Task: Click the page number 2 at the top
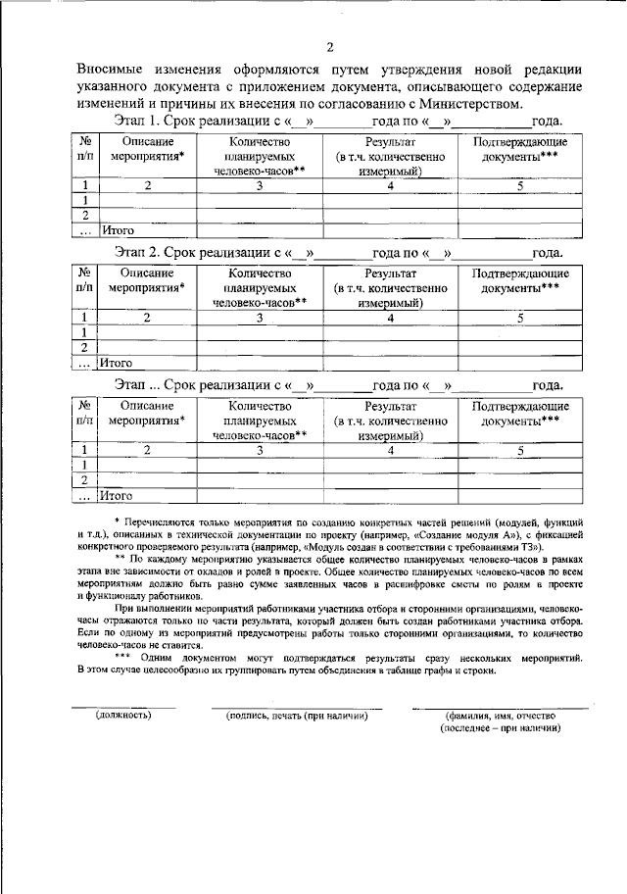[330, 46]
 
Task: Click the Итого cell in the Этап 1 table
[117, 230]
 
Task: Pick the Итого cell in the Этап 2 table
[117, 363]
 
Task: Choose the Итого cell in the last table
[117, 495]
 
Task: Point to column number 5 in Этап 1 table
[520, 184]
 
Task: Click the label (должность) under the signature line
[122, 716]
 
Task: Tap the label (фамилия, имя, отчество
[500, 716]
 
